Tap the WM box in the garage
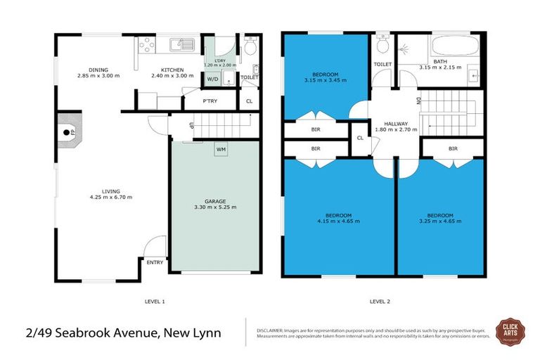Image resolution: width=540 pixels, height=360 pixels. tap(221, 149)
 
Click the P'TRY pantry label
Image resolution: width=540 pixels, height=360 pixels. tap(210, 101)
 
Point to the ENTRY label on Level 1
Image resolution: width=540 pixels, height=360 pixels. tap(155, 262)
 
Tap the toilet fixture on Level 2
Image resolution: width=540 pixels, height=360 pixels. tap(382, 45)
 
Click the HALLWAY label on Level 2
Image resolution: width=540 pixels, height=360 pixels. tap(396, 123)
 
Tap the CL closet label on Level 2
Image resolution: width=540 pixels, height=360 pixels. tap(360, 138)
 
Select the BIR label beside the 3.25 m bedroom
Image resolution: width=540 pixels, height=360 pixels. tap(452, 148)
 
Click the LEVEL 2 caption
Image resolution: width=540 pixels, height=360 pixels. tap(380, 301)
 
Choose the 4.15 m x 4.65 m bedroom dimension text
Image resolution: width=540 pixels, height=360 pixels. tap(337, 221)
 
